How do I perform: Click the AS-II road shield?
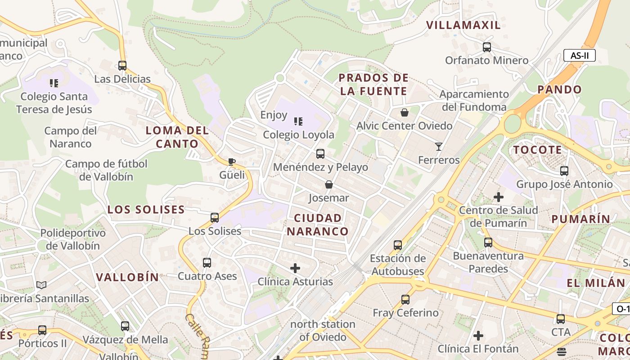[579, 56]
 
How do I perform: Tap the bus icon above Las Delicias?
[122, 66]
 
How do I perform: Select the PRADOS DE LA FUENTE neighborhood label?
[373, 85]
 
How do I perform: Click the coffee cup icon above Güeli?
[232, 162]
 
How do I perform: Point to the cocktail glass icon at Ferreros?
[439, 146]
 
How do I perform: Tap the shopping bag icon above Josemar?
[329, 184]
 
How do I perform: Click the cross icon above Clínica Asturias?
[295, 268]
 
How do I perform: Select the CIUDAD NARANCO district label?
[318, 225]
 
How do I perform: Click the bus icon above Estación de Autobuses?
[398, 245]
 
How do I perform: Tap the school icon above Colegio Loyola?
[298, 121]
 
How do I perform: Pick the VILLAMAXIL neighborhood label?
[463, 25]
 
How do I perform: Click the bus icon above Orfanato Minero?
[487, 47]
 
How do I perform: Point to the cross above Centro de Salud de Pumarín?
[499, 197]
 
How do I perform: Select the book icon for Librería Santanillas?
[41, 285]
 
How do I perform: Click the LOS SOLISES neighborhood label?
[146, 210]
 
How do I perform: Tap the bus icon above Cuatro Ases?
[207, 262]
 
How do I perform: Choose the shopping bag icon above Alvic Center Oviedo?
[405, 112]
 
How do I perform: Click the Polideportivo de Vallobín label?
[73, 239]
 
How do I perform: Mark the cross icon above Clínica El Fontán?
[478, 335]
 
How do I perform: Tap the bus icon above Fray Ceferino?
[405, 299]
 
